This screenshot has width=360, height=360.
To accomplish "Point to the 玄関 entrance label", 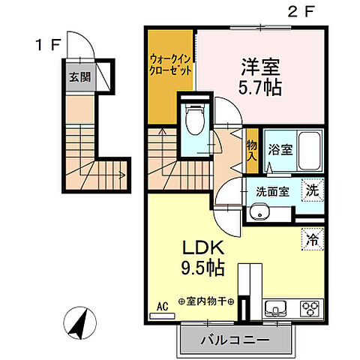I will (x=79, y=77).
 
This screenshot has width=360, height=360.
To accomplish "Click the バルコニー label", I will (x=234, y=341).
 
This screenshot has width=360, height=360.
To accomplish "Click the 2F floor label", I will (x=293, y=13).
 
